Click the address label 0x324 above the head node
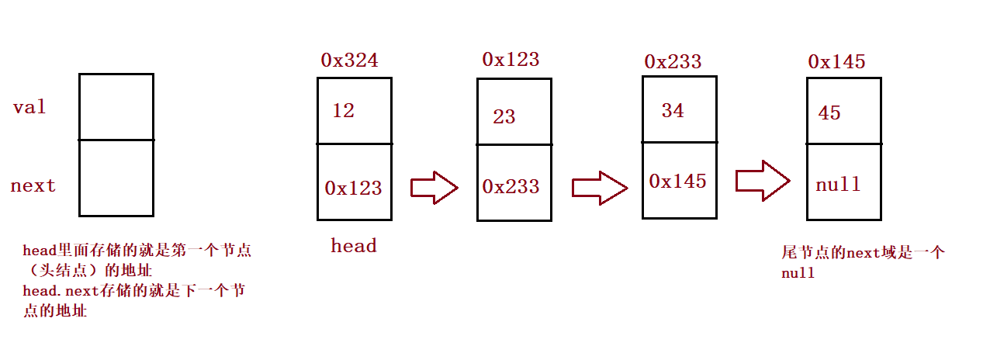point(349,61)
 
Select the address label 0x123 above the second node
point(511,59)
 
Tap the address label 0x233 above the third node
point(673,61)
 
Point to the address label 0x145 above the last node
point(836,61)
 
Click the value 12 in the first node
point(343,111)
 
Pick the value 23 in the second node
point(504,117)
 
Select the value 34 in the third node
point(673,111)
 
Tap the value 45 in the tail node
point(829,113)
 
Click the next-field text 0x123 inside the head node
point(353,188)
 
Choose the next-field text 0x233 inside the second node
point(511,187)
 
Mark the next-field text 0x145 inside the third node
point(678,181)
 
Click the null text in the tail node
point(838,185)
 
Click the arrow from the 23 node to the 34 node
point(598,187)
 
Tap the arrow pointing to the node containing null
point(762,181)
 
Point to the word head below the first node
point(353,246)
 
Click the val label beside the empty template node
point(29,107)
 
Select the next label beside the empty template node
point(33,186)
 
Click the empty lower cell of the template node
point(116,178)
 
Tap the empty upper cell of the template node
point(116,107)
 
